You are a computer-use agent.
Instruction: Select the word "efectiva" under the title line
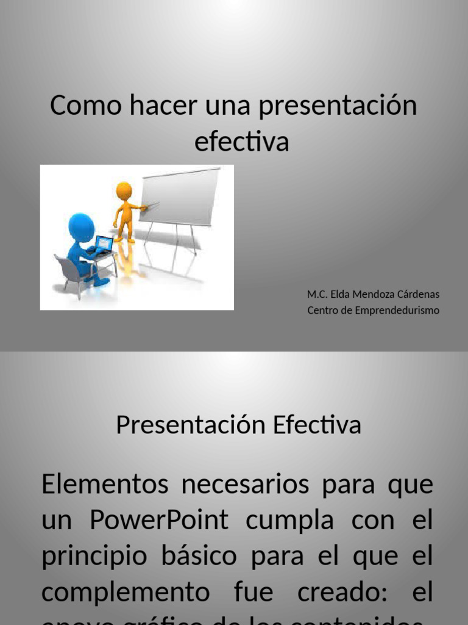pos(241,142)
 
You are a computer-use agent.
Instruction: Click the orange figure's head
pos(124,190)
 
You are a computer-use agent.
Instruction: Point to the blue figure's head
pos(81,226)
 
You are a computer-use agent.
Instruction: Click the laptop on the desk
pos(103,244)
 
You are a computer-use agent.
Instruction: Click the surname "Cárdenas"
pos(420,294)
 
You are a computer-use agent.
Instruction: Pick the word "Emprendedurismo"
pos(398,310)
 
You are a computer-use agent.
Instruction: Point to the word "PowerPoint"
pos(159,521)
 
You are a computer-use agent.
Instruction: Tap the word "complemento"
pos(126,593)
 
